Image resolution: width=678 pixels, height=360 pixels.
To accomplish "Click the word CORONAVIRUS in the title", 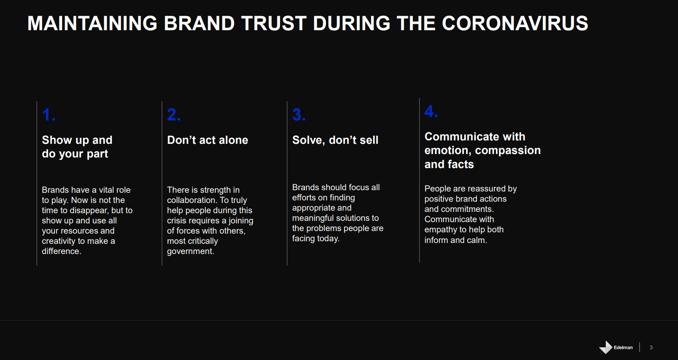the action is pyautogui.click(x=515, y=23).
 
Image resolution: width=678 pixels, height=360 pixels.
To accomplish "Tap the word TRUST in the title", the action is pyautogui.click(x=273, y=23).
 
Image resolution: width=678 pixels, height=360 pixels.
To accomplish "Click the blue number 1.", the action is pyautogui.click(x=49, y=114).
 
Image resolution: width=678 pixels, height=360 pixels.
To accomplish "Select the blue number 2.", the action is pyautogui.click(x=174, y=114).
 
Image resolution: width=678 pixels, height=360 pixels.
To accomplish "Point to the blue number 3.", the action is pyautogui.click(x=299, y=114).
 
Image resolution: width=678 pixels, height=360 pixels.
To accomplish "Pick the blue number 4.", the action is pyautogui.click(x=431, y=111).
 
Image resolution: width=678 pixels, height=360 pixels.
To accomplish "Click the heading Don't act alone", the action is pyautogui.click(x=207, y=140).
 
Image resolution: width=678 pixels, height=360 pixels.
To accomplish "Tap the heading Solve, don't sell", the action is pyautogui.click(x=335, y=140).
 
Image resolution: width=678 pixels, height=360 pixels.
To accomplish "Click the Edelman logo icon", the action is pyautogui.click(x=606, y=347).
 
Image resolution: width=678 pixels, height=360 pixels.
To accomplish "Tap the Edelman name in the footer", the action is pyautogui.click(x=623, y=348).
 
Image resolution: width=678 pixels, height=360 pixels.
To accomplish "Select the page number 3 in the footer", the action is pyautogui.click(x=651, y=348).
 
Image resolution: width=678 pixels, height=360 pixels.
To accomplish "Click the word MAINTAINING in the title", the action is pyautogui.click(x=92, y=23).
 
